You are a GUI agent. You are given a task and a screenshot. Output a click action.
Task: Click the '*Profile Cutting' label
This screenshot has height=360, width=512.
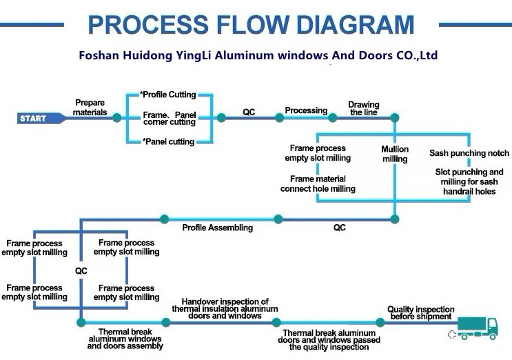pyautogui.click(x=168, y=94)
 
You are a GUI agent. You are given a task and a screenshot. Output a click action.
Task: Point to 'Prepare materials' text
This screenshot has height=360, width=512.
pyautogui.click(x=90, y=108)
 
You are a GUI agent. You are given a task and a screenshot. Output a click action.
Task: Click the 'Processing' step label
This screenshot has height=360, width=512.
pyautogui.click(x=306, y=110)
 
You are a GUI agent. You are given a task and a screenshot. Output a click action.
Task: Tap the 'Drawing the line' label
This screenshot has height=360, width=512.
pyautogui.click(x=363, y=108)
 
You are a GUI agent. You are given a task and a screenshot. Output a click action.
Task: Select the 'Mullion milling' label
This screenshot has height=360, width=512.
pyautogui.click(x=395, y=154)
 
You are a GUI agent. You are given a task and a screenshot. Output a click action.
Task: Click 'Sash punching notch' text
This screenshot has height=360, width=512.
pyautogui.click(x=469, y=153)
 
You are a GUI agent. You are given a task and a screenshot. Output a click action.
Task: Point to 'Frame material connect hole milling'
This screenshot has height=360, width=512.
pyautogui.click(x=318, y=184)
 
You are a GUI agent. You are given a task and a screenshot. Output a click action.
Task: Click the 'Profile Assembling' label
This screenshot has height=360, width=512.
pyautogui.click(x=217, y=228)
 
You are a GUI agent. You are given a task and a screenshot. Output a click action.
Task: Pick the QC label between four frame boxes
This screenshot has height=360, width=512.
pyautogui.click(x=81, y=271)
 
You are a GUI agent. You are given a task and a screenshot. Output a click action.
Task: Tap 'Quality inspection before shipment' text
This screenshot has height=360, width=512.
pyautogui.click(x=420, y=313)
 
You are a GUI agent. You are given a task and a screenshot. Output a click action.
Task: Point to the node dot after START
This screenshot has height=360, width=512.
pyautogui.click(x=116, y=118)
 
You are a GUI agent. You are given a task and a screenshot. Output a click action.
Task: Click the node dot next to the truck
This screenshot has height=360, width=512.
pyautogui.click(x=380, y=322)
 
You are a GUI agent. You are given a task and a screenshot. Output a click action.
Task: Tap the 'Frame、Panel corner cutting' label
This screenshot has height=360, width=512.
pyautogui.click(x=170, y=118)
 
